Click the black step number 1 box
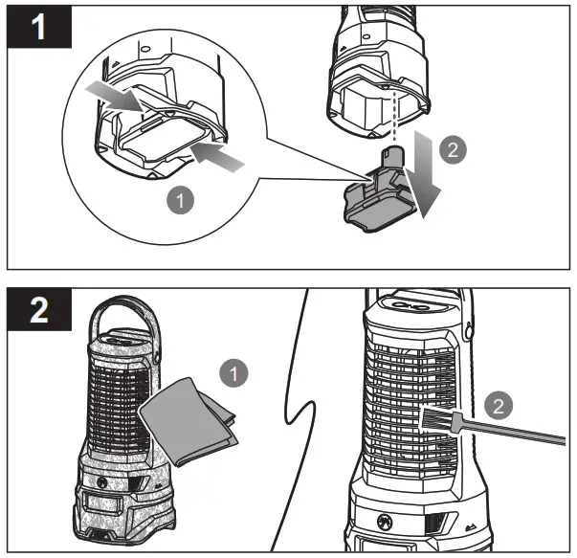(x=39, y=26)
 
